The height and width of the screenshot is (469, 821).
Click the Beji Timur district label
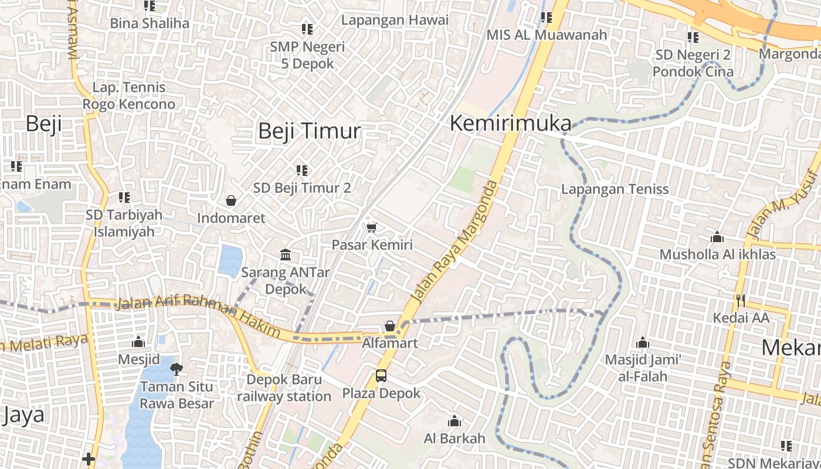point(309,131)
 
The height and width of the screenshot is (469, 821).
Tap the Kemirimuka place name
point(510,124)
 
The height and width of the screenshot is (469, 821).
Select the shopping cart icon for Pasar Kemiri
point(371,227)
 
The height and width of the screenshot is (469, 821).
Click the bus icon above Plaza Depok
point(381,375)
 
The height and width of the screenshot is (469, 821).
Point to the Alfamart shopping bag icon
point(390,326)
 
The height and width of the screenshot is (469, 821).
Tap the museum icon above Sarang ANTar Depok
point(286,255)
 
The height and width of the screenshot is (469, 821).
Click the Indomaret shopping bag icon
point(232,201)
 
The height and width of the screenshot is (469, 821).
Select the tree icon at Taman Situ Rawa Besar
point(175,369)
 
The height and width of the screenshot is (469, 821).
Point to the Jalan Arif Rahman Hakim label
point(199,315)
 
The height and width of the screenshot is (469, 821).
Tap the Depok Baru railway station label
point(284,388)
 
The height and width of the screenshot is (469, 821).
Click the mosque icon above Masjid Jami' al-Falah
point(643,342)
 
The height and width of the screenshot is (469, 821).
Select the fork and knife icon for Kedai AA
point(741,301)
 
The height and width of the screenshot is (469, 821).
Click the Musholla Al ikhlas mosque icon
point(717,237)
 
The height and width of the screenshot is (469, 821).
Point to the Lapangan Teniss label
point(615,189)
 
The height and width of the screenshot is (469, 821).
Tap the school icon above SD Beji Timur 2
point(302,171)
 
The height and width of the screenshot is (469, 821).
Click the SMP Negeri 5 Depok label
point(307,55)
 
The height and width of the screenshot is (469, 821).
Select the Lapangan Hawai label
point(395,20)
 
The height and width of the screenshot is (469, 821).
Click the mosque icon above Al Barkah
point(454,421)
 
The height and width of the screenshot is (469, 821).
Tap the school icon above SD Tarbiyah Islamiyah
point(124,198)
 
